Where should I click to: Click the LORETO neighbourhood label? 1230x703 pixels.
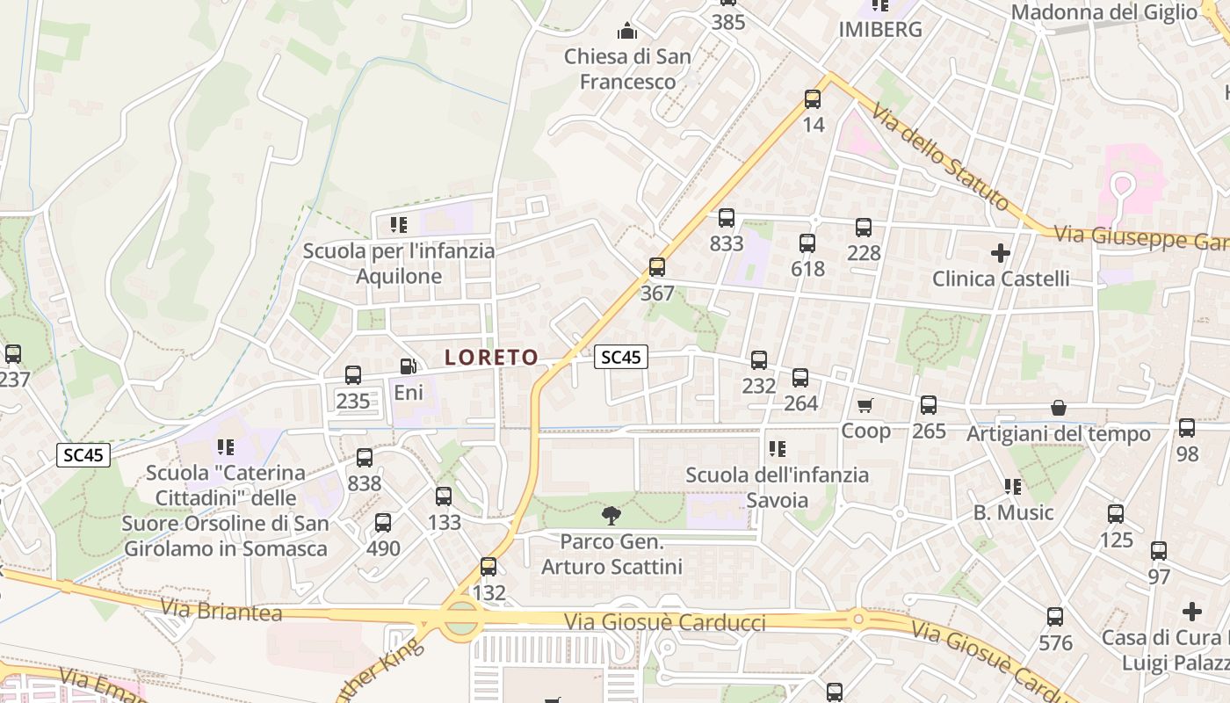[x=491, y=357]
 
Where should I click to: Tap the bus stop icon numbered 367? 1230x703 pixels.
[x=657, y=267]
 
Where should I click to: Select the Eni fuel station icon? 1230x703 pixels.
[x=408, y=366]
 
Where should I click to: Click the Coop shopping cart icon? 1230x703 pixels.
[x=865, y=405]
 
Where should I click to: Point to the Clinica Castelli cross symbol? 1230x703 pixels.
[x=1000, y=253]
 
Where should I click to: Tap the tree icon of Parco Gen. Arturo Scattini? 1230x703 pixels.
[x=611, y=515]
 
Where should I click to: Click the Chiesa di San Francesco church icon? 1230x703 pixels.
[x=627, y=32]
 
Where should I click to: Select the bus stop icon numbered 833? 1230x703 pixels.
[x=727, y=218]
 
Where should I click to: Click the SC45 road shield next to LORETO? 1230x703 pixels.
[x=621, y=357]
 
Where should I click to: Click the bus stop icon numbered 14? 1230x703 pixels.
[x=813, y=99]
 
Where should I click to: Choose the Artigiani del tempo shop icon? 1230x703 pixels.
[x=1059, y=409]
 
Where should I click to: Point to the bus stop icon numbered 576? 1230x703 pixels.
[x=1055, y=617]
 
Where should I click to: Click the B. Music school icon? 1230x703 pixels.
[x=1013, y=486]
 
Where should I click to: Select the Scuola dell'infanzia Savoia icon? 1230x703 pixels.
[x=778, y=449]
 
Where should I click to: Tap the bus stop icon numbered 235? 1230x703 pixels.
[x=353, y=375]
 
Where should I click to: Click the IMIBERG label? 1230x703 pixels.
[x=880, y=29]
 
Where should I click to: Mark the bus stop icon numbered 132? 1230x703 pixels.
[x=488, y=567]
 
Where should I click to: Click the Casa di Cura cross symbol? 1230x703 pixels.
[x=1192, y=611]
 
